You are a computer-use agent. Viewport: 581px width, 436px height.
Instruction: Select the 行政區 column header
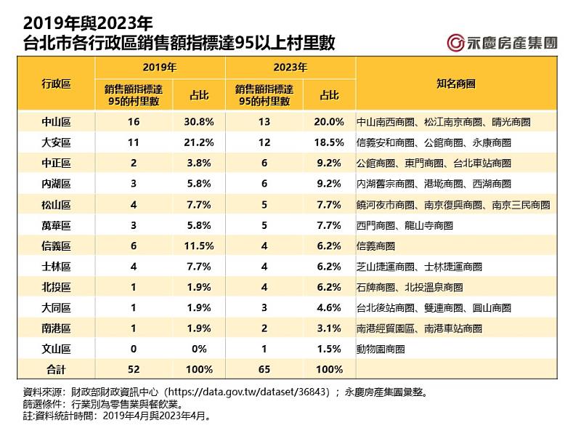point(57,84)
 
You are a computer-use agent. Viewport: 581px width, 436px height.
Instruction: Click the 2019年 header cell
point(160,67)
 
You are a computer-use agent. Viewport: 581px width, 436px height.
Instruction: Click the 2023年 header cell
point(290,67)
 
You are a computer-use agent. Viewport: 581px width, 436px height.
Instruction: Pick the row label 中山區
point(57,122)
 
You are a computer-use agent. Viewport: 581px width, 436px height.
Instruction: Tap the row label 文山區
point(57,349)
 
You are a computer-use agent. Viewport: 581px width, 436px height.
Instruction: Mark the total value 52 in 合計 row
point(132,370)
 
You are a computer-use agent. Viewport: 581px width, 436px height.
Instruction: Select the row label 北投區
point(57,287)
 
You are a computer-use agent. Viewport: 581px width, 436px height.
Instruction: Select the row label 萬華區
point(57,225)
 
